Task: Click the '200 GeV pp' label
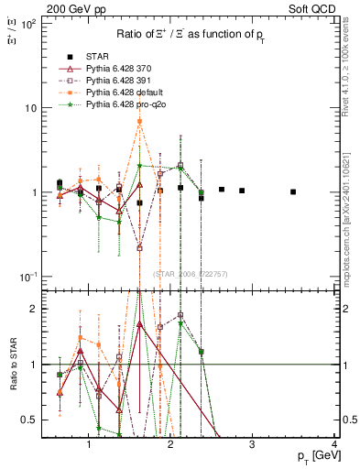click(67, 8)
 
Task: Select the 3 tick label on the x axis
click(253, 444)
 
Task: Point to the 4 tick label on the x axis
click(334, 444)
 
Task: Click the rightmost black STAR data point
click(293, 191)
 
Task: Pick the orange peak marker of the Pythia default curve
click(139, 121)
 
